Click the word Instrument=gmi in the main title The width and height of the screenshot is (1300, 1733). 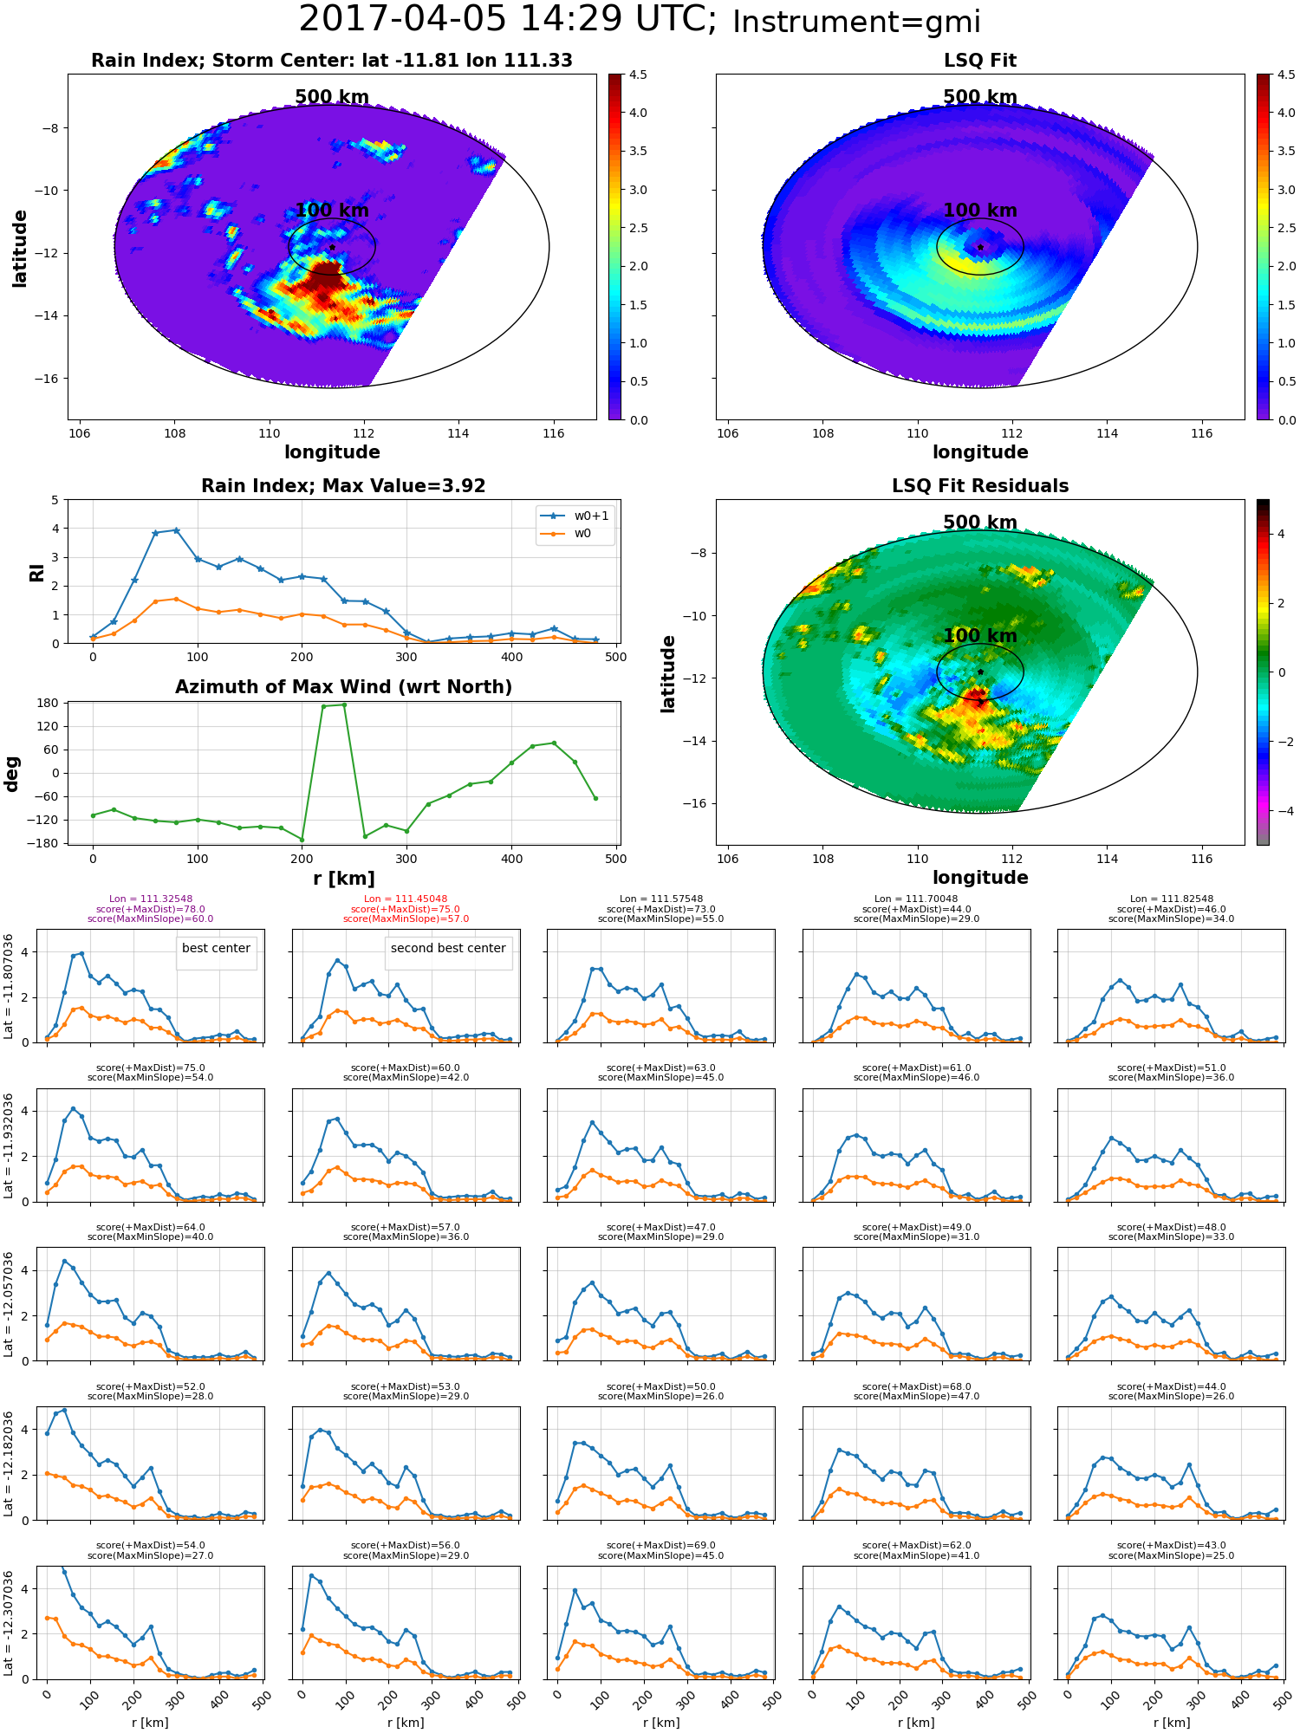pyautogui.click(x=856, y=23)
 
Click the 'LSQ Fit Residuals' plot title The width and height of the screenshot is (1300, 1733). pyautogui.click(x=980, y=486)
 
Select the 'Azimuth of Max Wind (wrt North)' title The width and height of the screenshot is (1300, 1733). pyautogui.click(x=343, y=687)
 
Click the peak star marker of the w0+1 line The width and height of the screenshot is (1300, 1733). pyautogui.click(x=176, y=530)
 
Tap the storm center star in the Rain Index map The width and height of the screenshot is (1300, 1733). pyautogui.click(x=332, y=247)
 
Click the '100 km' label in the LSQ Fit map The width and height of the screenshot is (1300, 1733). pyautogui.click(x=980, y=211)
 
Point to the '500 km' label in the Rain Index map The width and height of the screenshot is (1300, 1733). pyautogui.click(x=332, y=97)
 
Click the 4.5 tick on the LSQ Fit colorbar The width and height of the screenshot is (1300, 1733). pyautogui.click(x=1287, y=75)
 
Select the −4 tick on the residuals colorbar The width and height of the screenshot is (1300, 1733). pyautogui.click(x=1282, y=811)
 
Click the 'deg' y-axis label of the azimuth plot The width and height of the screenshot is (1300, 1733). pyautogui.click(x=12, y=773)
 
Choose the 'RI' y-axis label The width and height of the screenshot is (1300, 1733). pyautogui.click(x=36, y=572)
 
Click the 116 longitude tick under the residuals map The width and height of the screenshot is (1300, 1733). pyautogui.click(x=1201, y=859)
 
